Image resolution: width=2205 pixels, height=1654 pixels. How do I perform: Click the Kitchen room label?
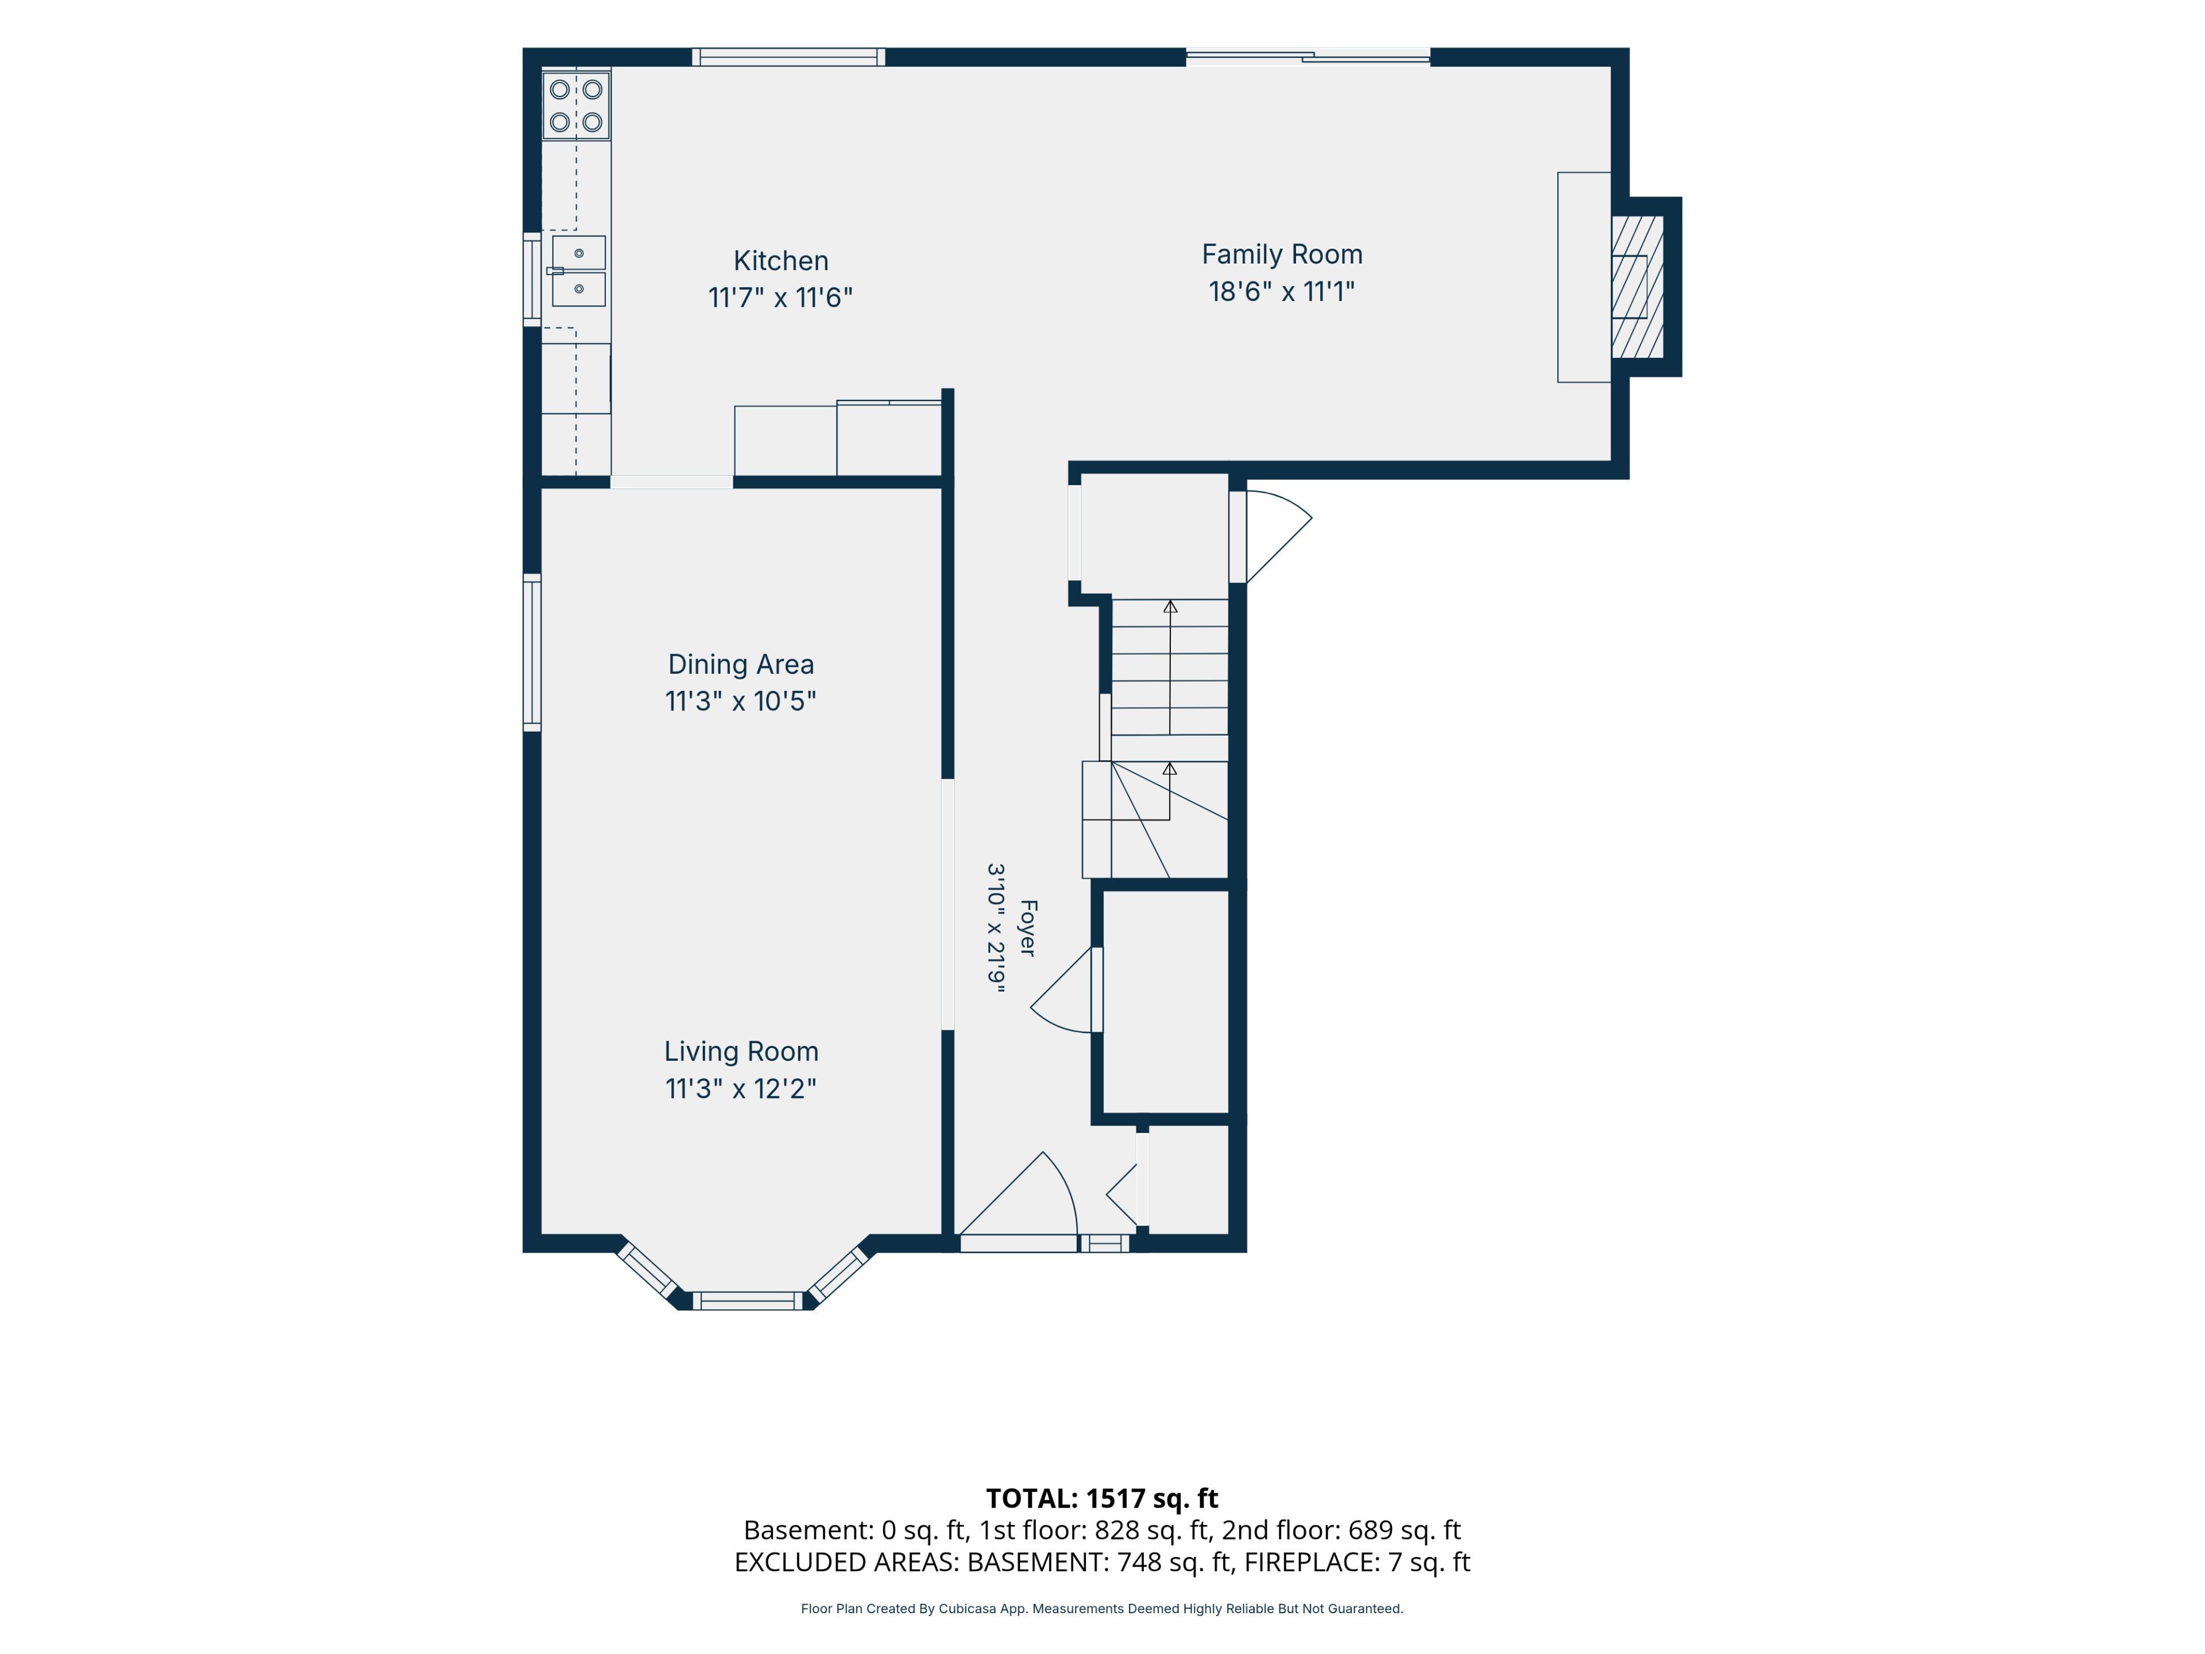pyautogui.click(x=780, y=261)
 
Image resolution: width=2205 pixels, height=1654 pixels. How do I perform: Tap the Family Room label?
pyautogui.click(x=1282, y=254)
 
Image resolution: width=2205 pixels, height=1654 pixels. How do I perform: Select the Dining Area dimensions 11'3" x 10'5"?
pyautogui.click(x=741, y=701)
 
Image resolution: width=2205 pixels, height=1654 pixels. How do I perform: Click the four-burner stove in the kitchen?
pyautogui.click(x=576, y=106)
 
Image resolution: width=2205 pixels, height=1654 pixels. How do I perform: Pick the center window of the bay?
pyautogui.click(x=746, y=1300)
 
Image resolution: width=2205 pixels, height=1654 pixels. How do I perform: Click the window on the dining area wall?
pyautogui.click(x=532, y=653)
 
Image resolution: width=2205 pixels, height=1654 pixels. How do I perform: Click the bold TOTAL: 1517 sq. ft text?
pyautogui.click(x=1101, y=1498)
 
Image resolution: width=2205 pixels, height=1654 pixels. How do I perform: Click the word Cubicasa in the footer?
pyautogui.click(x=966, y=1608)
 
